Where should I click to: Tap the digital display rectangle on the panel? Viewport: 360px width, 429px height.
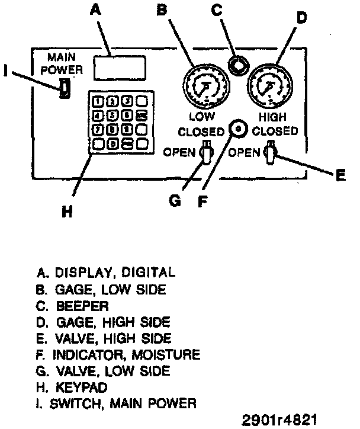[x=120, y=67]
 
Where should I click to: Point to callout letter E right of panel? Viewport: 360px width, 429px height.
[x=340, y=175]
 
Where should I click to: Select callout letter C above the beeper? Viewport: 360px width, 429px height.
[x=234, y=10]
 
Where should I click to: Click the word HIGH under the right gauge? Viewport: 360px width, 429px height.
[x=272, y=118]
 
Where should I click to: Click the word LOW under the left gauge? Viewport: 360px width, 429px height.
[x=202, y=116]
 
